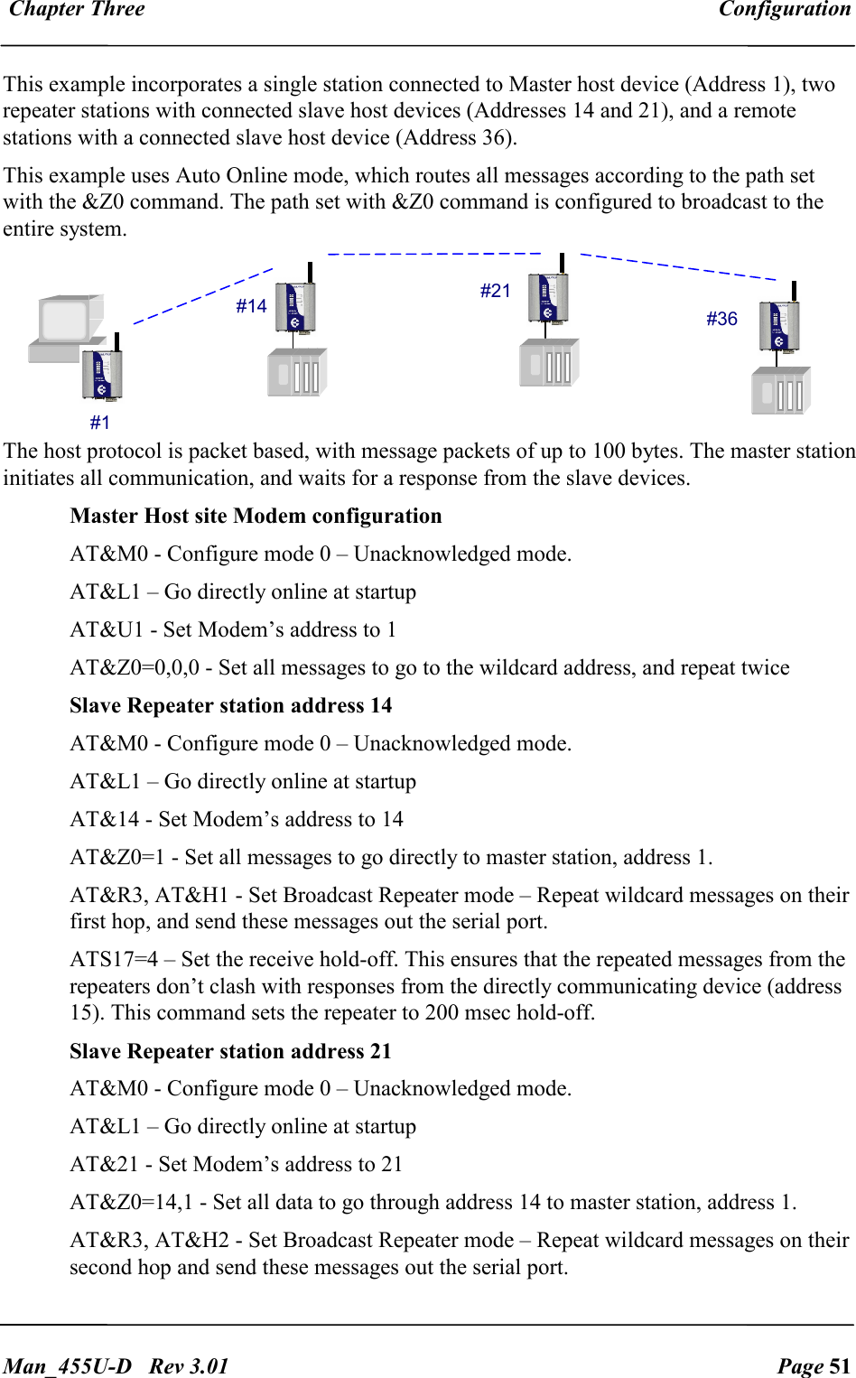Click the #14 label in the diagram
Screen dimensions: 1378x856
251,306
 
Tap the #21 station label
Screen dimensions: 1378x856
495,291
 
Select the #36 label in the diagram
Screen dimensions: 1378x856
721,319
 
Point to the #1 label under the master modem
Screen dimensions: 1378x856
100,423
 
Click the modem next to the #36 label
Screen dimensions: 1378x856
779,324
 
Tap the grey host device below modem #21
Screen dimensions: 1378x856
549,363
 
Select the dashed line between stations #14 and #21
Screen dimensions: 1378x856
433,254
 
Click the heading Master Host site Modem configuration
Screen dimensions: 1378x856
256,516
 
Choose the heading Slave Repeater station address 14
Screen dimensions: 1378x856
231,705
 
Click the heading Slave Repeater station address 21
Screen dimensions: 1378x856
231,1051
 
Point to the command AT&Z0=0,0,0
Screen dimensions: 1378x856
135,667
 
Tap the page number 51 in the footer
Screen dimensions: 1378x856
840,1365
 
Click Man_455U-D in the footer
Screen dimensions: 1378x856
68,1365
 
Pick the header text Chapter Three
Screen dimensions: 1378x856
77,10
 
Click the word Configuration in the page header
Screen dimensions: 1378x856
784,10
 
